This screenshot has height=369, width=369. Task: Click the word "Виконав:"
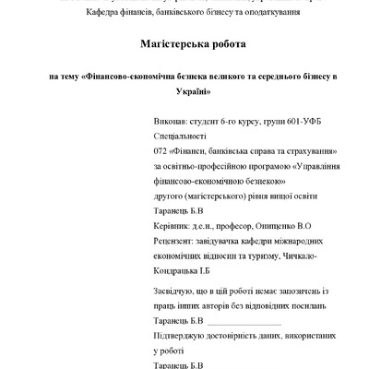[169, 121]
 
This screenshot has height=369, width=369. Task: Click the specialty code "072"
[161, 150]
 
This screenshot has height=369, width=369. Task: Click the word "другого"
[170, 196]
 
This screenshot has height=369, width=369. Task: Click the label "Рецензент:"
[176, 241]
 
